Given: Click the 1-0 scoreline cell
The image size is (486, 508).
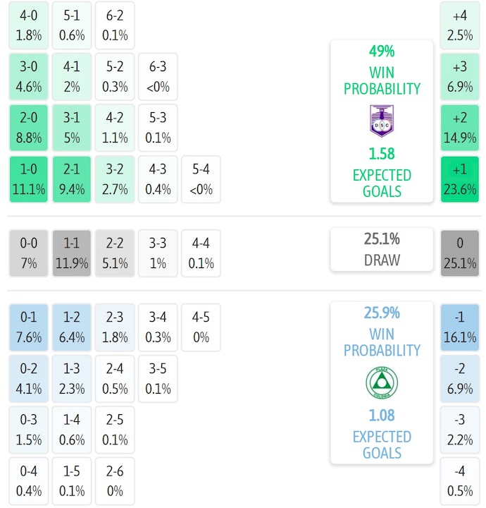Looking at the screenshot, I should click(28, 180).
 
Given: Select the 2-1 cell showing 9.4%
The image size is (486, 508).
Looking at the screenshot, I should click(71, 180).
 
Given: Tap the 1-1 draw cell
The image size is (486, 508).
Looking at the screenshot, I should click(71, 253).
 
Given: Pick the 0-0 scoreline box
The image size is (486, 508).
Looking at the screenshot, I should click(28, 253).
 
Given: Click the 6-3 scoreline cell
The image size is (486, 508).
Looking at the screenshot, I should click(158, 77).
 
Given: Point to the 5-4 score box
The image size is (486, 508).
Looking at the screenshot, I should click(201, 180).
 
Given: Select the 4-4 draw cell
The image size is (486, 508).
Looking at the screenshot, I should click(201, 253).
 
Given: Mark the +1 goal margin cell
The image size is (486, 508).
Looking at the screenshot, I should click(459, 180).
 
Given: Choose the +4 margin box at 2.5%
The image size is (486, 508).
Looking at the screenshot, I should click(459, 25).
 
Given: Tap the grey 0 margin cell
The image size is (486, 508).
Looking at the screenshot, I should click(459, 253).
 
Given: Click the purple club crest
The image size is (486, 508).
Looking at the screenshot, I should click(381, 120).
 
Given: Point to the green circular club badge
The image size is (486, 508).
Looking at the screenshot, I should click(381, 383).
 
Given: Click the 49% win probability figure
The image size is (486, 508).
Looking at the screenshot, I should click(381, 52).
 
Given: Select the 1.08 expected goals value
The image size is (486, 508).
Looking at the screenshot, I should click(381, 416).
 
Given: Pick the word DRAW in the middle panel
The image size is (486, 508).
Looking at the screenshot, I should click(381, 260).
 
